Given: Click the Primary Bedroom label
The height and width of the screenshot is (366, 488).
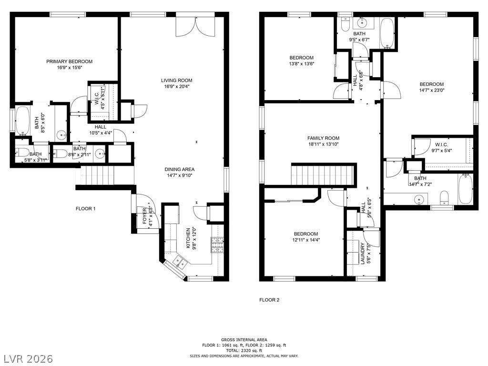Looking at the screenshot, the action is point(70,61).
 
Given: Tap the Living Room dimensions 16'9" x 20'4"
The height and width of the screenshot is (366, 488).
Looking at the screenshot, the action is point(176,87).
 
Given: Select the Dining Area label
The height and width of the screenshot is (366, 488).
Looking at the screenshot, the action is point(180,169).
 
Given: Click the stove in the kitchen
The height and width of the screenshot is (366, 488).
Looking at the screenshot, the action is point(217,244).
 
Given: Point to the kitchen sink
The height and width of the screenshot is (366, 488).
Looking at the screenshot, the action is point(180,262).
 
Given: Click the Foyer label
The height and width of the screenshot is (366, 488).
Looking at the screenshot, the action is point(145,216).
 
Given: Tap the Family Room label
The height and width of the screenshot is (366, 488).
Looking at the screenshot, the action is point(324,138).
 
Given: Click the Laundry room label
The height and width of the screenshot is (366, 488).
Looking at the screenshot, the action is point(363,254).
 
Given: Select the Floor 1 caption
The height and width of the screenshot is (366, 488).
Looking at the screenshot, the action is point(86,209).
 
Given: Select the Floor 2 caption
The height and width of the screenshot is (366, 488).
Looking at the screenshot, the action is point(269,300).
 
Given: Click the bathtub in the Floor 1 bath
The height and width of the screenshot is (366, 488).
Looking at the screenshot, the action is point(22,121).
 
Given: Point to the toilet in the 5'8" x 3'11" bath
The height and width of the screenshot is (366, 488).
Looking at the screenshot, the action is point(22,152).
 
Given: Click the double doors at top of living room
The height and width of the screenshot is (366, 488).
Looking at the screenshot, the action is point(195,27).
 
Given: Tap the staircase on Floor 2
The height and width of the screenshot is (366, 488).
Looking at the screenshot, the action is point(323,175).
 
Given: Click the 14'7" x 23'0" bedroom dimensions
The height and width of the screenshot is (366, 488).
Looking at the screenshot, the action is point(432,90).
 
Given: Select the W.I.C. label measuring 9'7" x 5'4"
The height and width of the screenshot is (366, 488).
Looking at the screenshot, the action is point(441,144).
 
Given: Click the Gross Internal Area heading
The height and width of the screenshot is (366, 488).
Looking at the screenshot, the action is point(244,340).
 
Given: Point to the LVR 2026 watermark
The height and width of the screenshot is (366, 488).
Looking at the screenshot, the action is point(27,358).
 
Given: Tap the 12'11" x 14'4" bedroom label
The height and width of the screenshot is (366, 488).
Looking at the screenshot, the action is point(305,234).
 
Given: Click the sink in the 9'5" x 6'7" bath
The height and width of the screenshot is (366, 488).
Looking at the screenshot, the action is point(362,22).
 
